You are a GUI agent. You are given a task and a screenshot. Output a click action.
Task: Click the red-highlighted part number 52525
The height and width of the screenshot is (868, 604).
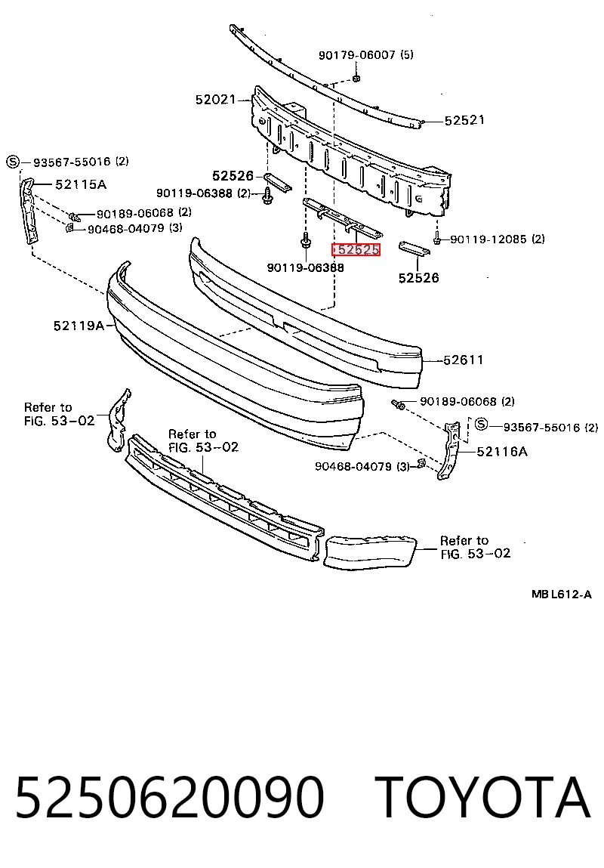click(x=356, y=249)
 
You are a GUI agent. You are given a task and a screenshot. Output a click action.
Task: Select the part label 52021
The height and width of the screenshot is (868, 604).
click(x=215, y=100)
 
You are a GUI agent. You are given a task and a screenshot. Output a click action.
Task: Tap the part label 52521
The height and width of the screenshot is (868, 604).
click(x=464, y=120)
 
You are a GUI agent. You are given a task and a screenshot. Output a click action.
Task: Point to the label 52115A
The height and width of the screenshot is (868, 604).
click(x=81, y=184)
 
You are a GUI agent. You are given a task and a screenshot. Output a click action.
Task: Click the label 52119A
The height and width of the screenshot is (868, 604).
click(x=79, y=326)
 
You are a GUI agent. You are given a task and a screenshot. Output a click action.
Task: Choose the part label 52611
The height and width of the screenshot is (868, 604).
click(x=464, y=360)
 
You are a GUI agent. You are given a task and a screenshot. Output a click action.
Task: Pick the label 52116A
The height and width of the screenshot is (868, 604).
click(x=501, y=452)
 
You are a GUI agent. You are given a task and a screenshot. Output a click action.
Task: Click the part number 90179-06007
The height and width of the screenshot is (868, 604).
click(x=357, y=55)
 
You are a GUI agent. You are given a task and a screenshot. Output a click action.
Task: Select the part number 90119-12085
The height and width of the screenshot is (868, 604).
click(x=488, y=239)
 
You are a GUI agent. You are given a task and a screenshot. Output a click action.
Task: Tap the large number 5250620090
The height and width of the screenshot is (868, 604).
click(x=169, y=796)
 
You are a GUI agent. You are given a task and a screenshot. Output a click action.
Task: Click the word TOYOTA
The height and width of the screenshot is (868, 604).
click(x=482, y=796)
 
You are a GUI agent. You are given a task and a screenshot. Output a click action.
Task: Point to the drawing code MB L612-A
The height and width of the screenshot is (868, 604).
click(x=562, y=595)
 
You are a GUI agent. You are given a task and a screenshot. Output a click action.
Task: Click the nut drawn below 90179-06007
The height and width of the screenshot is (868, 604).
click(x=357, y=78)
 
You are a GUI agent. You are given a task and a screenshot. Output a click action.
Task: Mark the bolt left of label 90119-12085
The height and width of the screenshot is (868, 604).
click(x=437, y=239)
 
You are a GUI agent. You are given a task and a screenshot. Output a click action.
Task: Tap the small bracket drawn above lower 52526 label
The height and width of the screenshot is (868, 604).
click(x=414, y=248)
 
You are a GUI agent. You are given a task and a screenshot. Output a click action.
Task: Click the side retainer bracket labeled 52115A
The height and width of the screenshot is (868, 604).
click(x=31, y=210)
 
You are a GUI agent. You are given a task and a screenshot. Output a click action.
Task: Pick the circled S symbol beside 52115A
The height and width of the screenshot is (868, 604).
click(x=13, y=162)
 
